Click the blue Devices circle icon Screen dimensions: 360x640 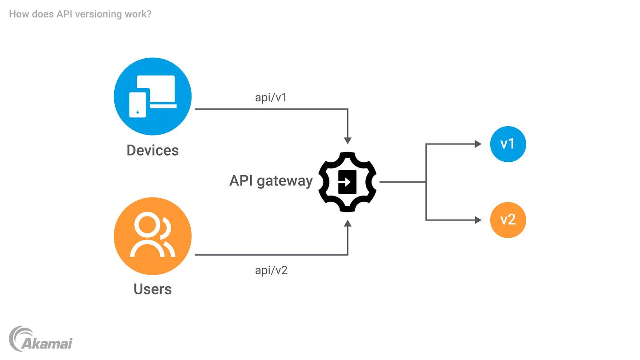point(152,96)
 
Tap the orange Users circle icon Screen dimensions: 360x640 point(152,236)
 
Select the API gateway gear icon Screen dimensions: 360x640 point(348,182)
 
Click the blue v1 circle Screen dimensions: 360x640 point(508,144)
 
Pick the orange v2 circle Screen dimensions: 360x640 point(508,220)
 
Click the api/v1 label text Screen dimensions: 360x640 point(271,97)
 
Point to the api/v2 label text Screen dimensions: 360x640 point(271,270)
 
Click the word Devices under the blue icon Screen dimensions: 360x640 point(152,150)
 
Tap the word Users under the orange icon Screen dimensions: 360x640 point(152,289)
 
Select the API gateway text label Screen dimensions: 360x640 point(271,181)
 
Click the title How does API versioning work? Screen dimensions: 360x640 point(80,14)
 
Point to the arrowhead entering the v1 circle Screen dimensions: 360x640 point(478,144)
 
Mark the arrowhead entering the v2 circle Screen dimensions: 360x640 point(478,220)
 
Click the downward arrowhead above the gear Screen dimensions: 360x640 point(348,140)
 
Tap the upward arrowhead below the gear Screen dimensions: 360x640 point(348,223)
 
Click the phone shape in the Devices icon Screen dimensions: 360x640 point(137,105)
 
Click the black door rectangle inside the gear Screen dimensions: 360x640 point(347,182)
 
